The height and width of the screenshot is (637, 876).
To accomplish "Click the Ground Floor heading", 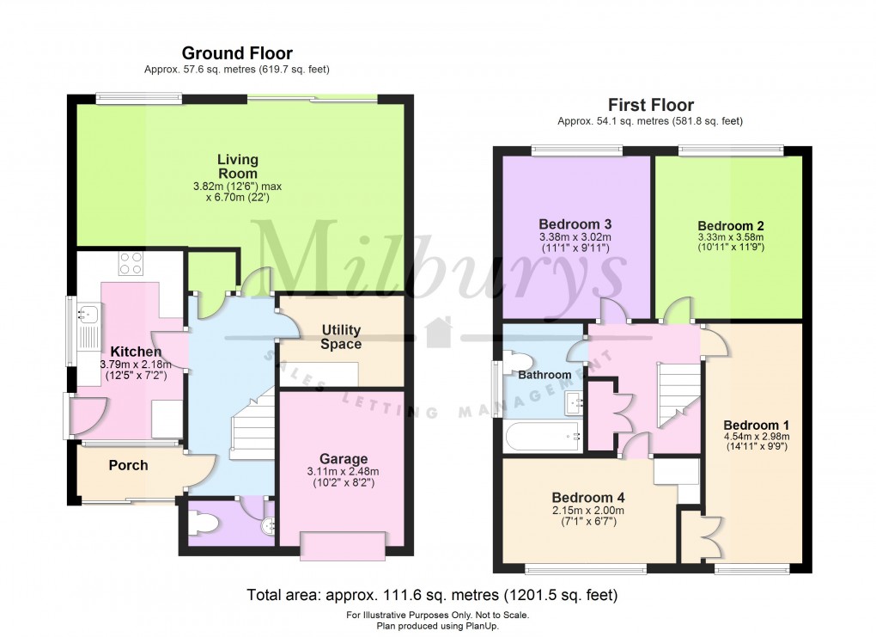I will [x=237, y=53].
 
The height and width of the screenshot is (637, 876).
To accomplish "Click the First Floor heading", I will [x=649, y=106].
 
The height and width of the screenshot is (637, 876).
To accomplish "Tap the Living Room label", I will [x=237, y=166].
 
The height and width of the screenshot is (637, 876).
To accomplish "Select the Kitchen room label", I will [x=136, y=352].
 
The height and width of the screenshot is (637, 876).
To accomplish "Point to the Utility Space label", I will [x=341, y=337].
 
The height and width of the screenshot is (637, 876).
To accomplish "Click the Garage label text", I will [x=344, y=458].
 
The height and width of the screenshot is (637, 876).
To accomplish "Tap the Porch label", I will [x=128, y=465].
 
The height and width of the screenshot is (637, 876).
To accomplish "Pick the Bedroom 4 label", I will [x=588, y=497].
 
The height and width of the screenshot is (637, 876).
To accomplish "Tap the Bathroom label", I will [x=544, y=375].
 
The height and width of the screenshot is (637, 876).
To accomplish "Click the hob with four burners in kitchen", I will [x=131, y=262].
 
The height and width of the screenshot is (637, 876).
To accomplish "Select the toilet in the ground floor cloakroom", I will [x=203, y=523].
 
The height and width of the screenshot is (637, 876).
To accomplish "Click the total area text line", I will [x=432, y=595].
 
